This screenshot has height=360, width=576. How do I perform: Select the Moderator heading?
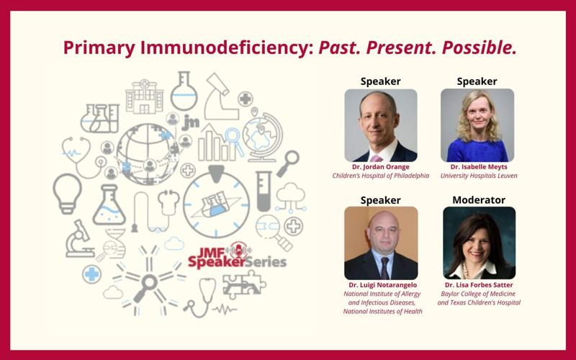point(478,199)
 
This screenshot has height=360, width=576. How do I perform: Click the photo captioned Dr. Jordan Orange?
point(380,125)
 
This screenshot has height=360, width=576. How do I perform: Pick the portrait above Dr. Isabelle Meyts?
point(477,125)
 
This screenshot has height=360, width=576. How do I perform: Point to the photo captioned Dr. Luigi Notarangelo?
point(380,243)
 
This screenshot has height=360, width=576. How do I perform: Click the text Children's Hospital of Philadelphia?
point(380,176)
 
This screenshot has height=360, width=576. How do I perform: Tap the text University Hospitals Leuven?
point(477,176)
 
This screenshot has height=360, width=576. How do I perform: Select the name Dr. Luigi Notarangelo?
point(380,285)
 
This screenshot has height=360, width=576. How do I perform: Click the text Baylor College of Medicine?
point(479,294)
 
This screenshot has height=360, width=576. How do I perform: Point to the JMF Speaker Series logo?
point(237,256)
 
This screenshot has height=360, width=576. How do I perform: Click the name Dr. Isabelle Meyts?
point(477,166)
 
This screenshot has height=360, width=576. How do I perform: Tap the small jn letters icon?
point(190,122)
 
